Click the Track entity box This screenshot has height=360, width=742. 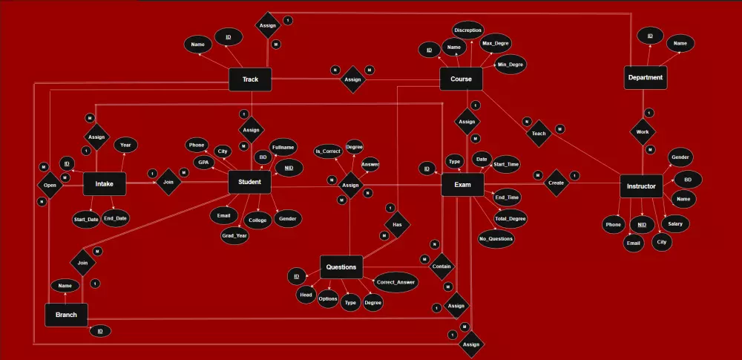(x=250, y=79)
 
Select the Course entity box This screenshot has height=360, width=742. (x=461, y=79)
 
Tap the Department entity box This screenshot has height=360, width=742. (x=645, y=77)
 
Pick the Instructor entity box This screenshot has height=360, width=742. (x=640, y=186)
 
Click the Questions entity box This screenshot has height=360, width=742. (x=341, y=267)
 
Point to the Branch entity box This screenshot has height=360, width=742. (x=66, y=314)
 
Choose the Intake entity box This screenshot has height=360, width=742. (x=104, y=184)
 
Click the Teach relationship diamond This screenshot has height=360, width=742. (x=539, y=134)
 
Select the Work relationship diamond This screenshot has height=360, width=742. (x=643, y=133)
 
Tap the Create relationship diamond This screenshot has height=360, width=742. (x=556, y=183)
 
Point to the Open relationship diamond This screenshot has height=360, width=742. (x=50, y=184)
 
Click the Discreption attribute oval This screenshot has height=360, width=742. (x=468, y=30)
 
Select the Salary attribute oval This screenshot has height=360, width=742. (x=674, y=223)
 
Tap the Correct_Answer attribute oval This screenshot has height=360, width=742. (x=395, y=283)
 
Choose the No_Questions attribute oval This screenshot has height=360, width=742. (x=496, y=239)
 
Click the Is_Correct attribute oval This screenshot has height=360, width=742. (x=328, y=151)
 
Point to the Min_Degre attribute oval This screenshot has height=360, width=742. (x=511, y=64)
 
